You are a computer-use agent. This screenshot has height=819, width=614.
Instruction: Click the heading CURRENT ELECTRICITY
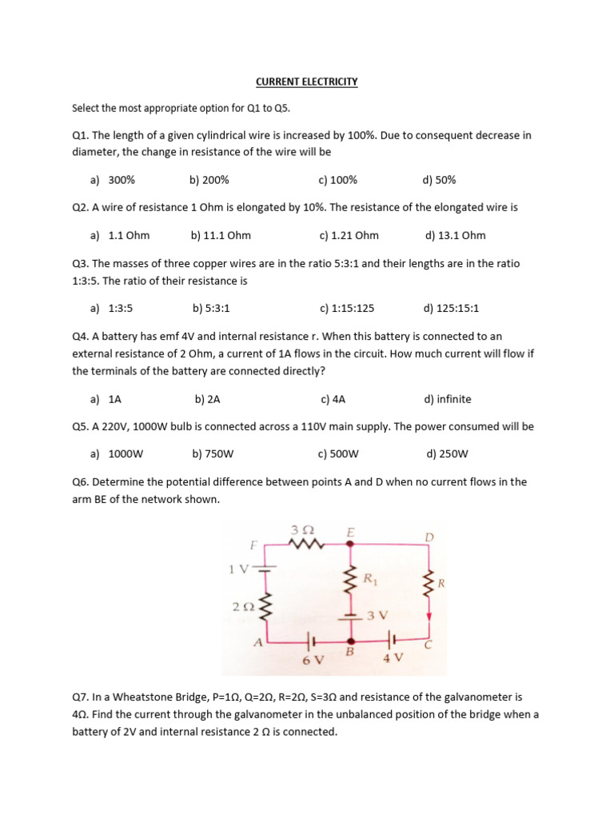[307, 82]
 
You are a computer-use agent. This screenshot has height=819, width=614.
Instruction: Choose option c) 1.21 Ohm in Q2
[349, 235]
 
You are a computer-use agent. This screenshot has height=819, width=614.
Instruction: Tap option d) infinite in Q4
[448, 399]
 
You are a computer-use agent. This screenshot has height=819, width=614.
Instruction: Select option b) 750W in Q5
[213, 454]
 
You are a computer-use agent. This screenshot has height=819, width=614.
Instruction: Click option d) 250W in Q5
[447, 454]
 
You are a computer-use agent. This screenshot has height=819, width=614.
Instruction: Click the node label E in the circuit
[350, 532]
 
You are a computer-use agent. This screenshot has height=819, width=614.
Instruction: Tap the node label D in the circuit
[429, 537]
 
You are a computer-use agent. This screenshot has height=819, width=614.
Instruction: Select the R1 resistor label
[369, 578]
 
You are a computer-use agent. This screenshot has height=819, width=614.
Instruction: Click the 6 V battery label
[313, 660]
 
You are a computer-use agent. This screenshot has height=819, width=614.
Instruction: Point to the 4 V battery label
[393, 658]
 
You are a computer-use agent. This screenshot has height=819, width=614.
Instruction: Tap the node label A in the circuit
[257, 642]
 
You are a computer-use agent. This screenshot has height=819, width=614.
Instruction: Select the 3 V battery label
[377, 615]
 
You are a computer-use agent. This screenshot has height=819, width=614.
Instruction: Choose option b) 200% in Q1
[209, 181]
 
